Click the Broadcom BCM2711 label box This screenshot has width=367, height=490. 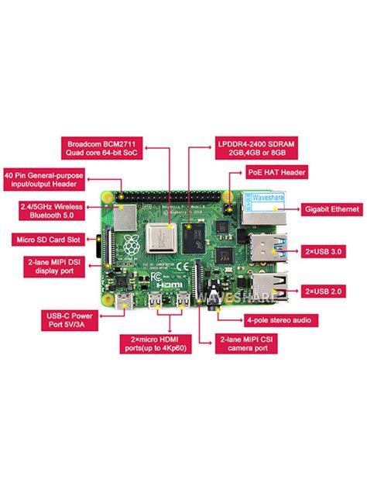pyautogui.click(x=101, y=150)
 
